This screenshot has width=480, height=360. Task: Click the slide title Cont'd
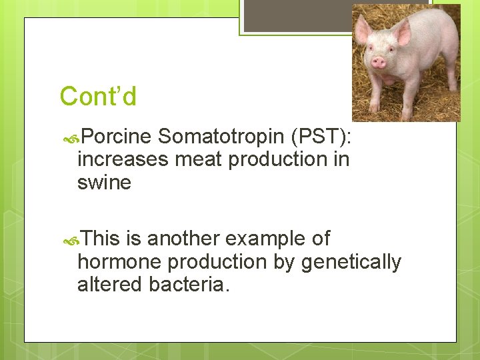tap(98, 97)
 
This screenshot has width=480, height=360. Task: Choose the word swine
tap(104, 182)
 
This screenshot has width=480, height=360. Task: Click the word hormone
tap(119, 262)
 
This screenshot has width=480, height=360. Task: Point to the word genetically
tap(351, 262)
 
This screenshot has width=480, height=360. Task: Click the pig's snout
tap(378, 62)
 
